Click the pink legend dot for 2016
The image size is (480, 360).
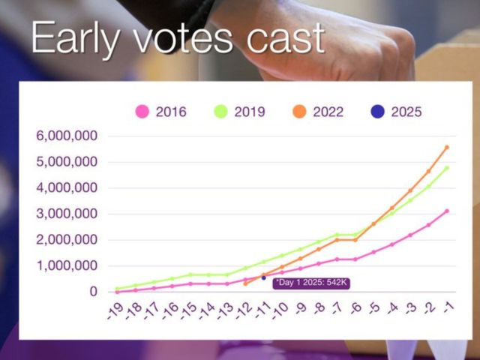click(142, 112)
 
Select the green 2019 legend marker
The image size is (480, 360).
click(220, 112)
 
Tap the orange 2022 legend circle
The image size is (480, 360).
click(299, 112)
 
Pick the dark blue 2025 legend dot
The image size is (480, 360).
click(377, 112)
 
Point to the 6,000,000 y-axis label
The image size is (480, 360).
click(67, 136)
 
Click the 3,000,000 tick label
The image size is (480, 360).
click(67, 214)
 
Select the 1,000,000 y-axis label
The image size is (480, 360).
click(67, 265)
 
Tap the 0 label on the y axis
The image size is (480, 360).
click(93, 292)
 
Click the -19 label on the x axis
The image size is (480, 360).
click(115, 310)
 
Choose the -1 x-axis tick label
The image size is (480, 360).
click(448, 307)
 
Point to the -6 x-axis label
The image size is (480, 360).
click(356, 307)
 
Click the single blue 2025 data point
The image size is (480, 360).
click(263, 277)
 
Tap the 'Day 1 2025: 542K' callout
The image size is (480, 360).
click(311, 283)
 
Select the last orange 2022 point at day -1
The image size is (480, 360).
click(447, 147)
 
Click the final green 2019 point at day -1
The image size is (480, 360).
click(447, 168)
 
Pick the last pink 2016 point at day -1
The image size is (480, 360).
click(447, 211)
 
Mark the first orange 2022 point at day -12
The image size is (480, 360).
click(245, 284)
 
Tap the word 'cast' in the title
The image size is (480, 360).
click(285, 38)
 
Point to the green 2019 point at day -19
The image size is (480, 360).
click(117, 289)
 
